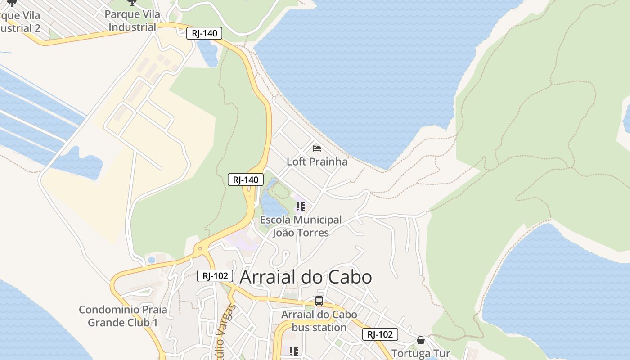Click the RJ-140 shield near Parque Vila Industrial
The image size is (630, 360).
tap(204, 33)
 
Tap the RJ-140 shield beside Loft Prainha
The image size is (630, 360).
tap(245, 180)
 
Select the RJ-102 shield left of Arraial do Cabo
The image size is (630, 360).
tap(215, 276)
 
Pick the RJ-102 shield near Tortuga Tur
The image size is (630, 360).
tap(380, 334)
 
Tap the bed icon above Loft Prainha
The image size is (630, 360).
tap(317, 148)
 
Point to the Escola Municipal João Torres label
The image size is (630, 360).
tap(301, 226)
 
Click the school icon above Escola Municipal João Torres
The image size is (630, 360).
tap(300, 207)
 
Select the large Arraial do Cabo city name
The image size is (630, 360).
tap(306, 277)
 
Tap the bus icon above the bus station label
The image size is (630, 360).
tap(319, 301)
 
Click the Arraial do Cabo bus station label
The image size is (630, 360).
tap(319, 321)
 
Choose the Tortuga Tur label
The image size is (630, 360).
tap(421, 354)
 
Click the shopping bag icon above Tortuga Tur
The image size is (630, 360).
tap(421, 340)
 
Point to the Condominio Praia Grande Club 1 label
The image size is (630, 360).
tap(123, 316)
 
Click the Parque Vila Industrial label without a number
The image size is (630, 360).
tap(132, 21)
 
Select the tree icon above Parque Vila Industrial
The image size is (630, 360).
tap(132, 3)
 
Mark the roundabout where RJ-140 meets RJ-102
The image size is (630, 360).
tap(199, 248)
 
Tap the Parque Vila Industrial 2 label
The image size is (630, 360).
tap(20, 22)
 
